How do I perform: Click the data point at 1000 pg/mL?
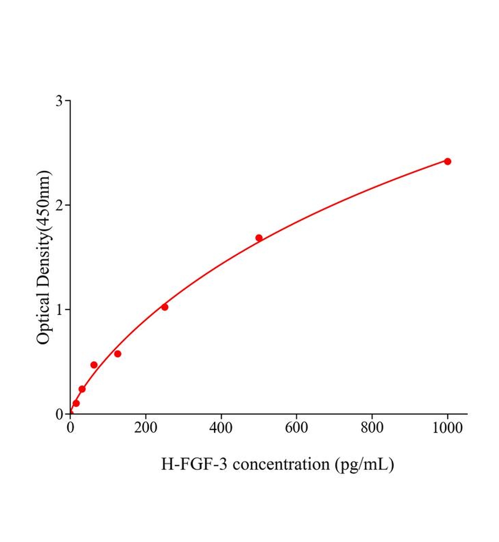click(x=447, y=161)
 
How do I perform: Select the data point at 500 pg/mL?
click(x=259, y=238)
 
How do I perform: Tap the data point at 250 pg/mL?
click(x=165, y=307)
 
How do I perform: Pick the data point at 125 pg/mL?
click(x=118, y=354)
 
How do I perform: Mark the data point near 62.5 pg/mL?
click(x=94, y=365)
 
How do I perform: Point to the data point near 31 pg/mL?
click(x=82, y=389)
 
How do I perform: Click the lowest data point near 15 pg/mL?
click(x=76, y=403)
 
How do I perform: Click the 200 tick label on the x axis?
click(x=146, y=428)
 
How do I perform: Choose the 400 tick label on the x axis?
click(x=221, y=428)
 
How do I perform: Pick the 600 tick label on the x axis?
click(x=297, y=428)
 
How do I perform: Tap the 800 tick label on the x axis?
click(x=372, y=428)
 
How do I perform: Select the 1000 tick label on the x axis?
click(x=447, y=428)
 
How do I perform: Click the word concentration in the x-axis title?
click(x=281, y=464)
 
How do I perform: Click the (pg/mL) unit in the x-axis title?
click(x=364, y=464)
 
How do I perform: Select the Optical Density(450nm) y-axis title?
click(x=44, y=257)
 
